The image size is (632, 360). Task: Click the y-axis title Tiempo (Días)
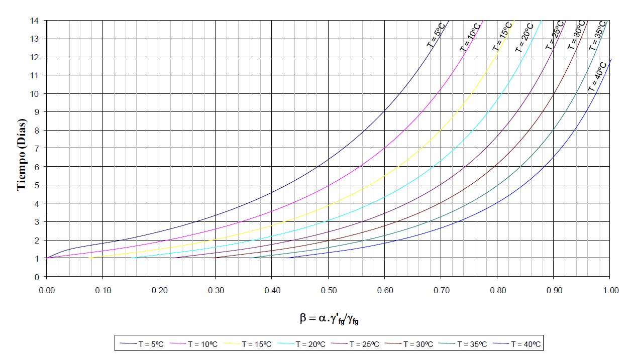pos(22,149)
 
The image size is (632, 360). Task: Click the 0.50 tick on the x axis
pos(328,290)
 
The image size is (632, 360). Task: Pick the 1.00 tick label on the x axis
pos(609,290)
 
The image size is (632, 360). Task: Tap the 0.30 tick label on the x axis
pos(215,290)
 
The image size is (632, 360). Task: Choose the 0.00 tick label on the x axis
pos(46,290)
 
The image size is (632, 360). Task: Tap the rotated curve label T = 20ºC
pos(524,38)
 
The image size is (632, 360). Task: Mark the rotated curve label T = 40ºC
pos(597,76)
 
